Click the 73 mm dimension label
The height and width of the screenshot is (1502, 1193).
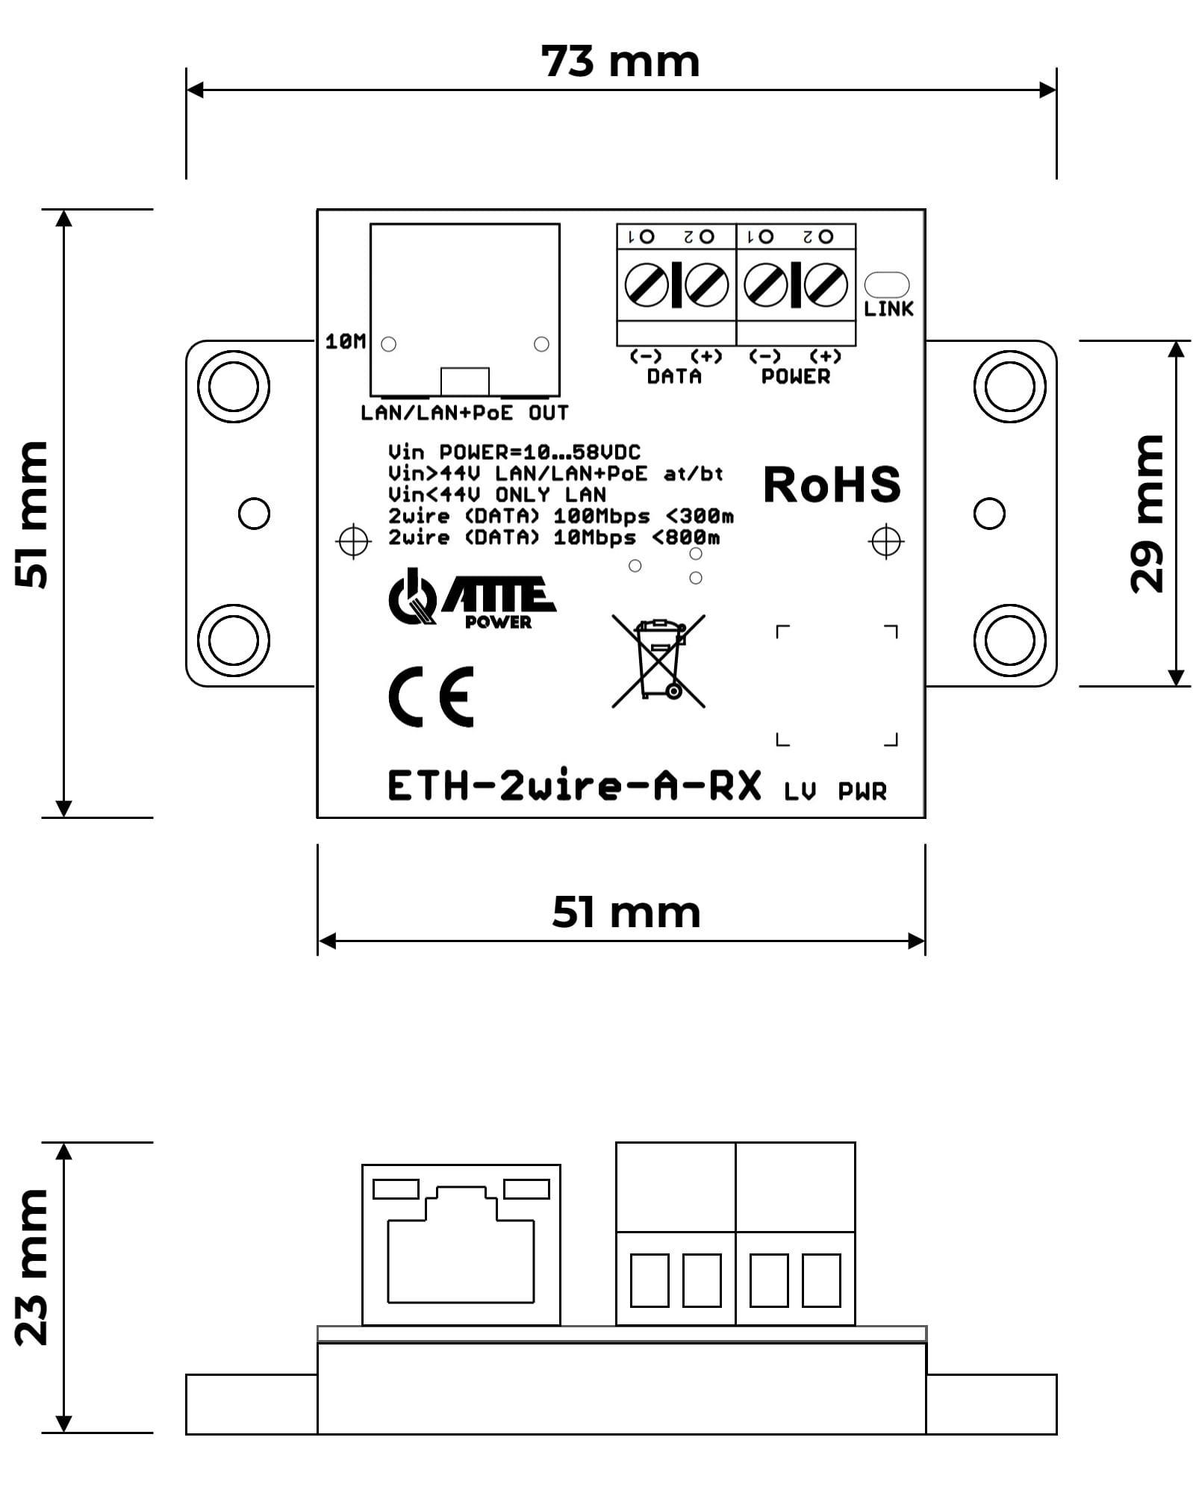click(620, 61)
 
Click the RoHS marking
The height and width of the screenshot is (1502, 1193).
click(832, 484)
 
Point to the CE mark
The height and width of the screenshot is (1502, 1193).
click(432, 697)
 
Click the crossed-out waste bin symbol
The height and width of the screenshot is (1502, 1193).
click(658, 661)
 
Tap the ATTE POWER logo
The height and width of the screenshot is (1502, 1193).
click(472, 601)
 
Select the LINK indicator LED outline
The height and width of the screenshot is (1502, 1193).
click(886, 284)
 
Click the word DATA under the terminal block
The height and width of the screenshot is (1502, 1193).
click(674, 376)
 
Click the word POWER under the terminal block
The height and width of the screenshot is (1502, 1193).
click(795, 376)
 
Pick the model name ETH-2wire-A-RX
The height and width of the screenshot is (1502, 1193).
click(574, 786)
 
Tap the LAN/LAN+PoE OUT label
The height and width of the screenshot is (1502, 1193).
click(464, 413)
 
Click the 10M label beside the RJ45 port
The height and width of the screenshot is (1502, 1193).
click(346, 342)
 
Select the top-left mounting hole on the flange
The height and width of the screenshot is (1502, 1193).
click(234, 387)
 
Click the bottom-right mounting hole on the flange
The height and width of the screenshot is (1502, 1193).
click(1009, 641)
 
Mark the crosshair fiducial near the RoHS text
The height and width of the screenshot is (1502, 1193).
click(886, 541)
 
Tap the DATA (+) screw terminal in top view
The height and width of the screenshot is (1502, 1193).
click(706, 284)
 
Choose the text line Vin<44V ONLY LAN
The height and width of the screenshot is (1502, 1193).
click(496, 494)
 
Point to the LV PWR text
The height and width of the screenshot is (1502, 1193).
click(835, 791)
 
